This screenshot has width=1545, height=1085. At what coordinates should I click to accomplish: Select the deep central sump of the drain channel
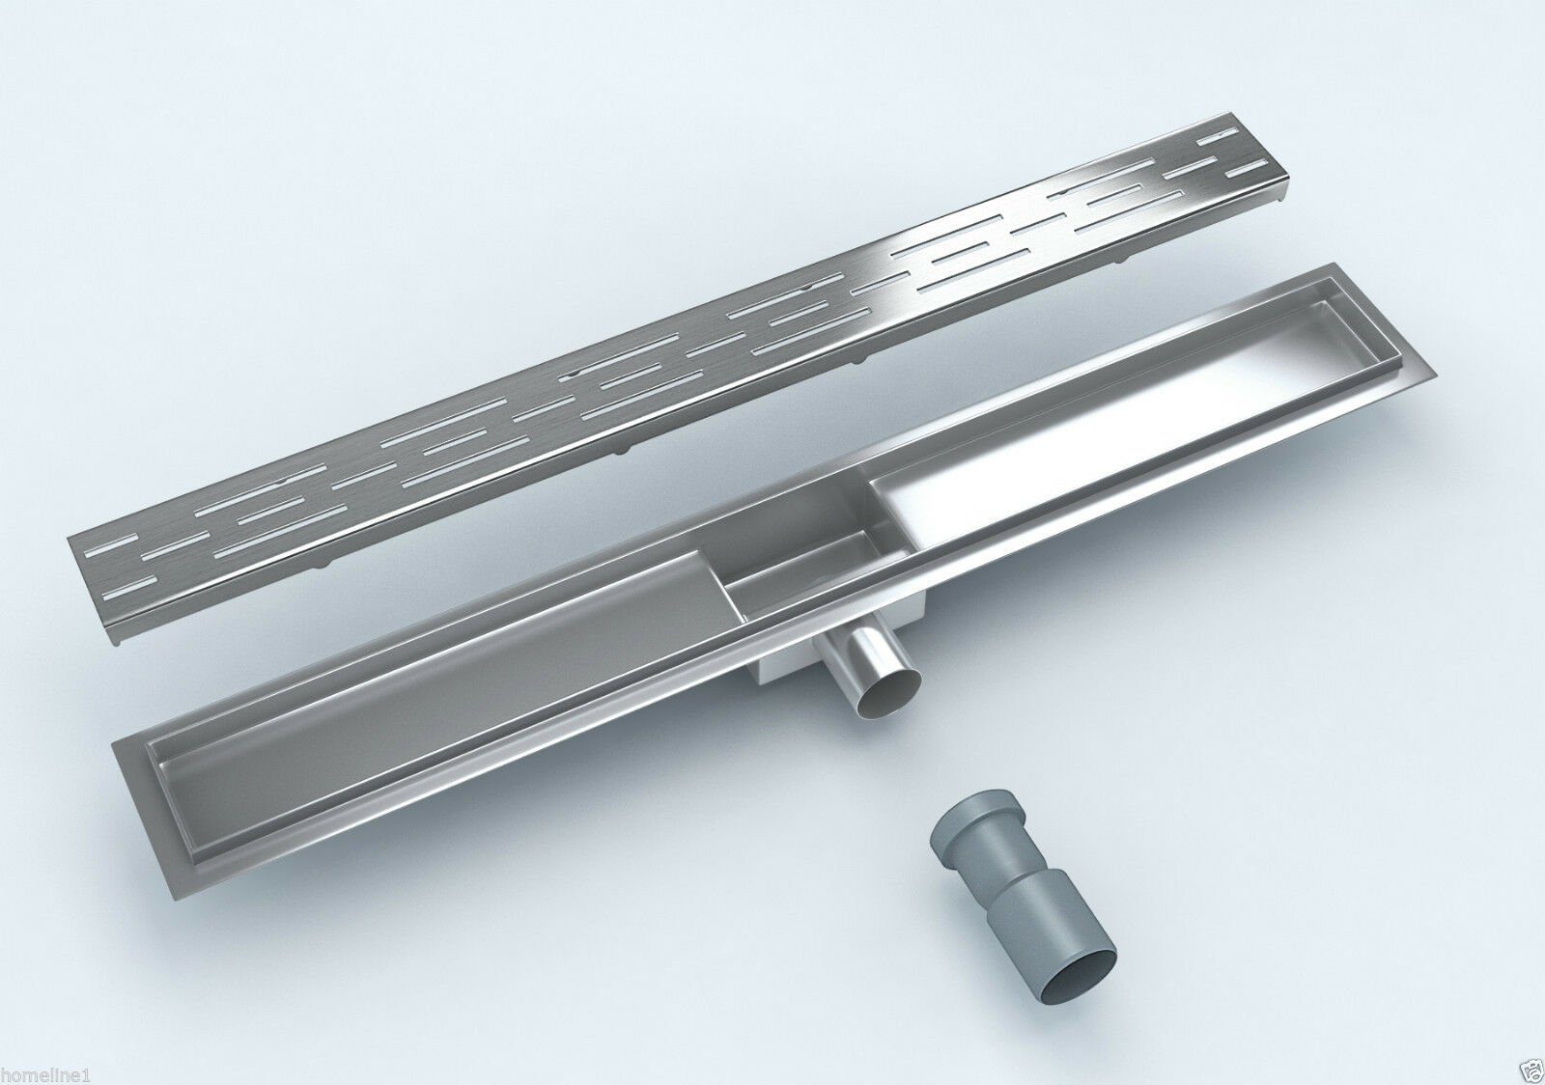point(801,551)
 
